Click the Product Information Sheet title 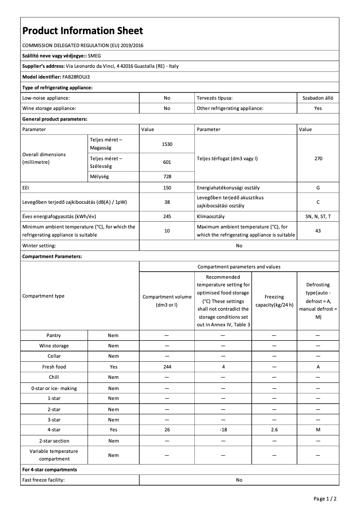click(83, 31)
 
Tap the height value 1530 click(167, 144)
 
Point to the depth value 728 click(167, 177)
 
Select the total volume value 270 click(318, 158)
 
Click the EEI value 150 click(167, 188)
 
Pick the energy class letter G click(318, 188)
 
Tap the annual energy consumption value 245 click(167, 216)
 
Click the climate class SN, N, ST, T click(318, 216)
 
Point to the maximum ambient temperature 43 click(318, 231)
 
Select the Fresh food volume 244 click(167, 367)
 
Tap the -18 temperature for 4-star click(223, 430)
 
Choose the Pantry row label click(54, 335)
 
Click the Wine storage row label click(54, 346)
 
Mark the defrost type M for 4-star click(318, 430)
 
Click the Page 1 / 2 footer click(325, 499)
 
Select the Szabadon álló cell click(318, 97)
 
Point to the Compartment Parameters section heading click(52, 256)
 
